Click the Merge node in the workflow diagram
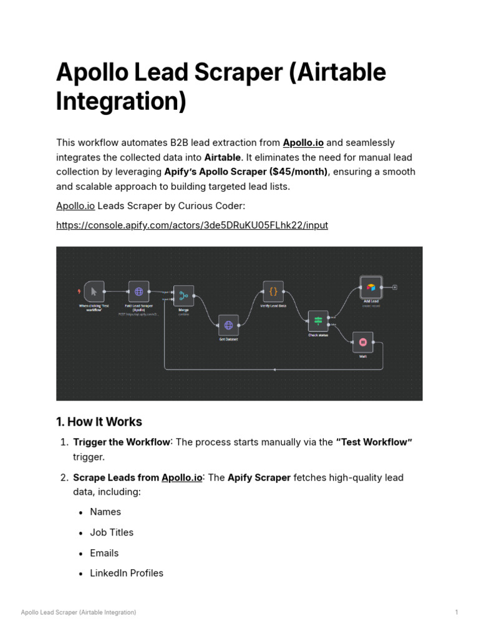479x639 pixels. pyautogui.click(x=184, y=295)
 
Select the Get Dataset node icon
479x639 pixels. pyautogui.click(x=228, y=324)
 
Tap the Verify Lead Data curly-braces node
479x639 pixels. pyautogui.click(x=273, y=291)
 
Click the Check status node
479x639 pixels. pyautogui.click(x=318, y=321)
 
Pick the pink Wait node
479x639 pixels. pyautogui.click(x=362, y=342)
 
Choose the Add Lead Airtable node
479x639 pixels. pyautogui.click(x=371, y=287)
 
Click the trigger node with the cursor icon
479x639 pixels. pyautogui.click(x=94, y=291)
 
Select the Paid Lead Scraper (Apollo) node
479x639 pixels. pyautogui.click(x=139, y=291)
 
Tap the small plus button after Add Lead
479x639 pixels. pyautogui.click(x=395, y=288)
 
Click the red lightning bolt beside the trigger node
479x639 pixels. pyautogui.click(x=79, y=291)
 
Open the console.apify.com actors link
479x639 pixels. pyautogui.click(x=192, y=225)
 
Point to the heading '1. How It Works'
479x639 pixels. pyautogui.click(x=99, y=421)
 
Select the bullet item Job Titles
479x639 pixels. pyautogui.click(x=112, y=532)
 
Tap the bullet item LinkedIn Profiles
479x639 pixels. pyautogui.click(x=127, y=573)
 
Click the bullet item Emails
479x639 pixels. pyautogui.click(x=104, y=553)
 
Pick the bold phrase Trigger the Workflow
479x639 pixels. pyautogui.click(x=122, y=442)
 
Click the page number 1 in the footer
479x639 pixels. pyautogui.click(x=457, y=612)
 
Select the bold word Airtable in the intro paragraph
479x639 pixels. pyautogui.click(x=222, y=157)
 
